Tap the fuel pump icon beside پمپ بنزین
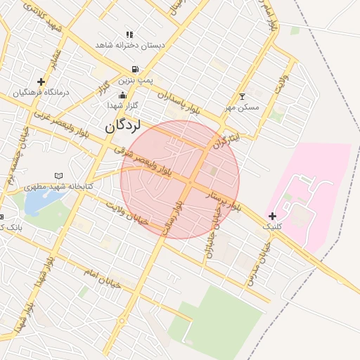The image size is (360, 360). [134, 70]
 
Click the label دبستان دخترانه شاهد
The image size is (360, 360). [131, 45]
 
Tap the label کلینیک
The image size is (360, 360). [272, 227]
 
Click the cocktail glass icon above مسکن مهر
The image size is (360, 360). [243, 96]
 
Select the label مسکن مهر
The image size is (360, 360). [243, 108]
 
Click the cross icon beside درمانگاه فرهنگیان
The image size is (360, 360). [41, 82]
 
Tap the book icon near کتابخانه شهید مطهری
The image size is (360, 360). [58, 176]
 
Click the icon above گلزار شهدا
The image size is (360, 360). [123, 95]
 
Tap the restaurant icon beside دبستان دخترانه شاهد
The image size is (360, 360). [129, 34]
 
